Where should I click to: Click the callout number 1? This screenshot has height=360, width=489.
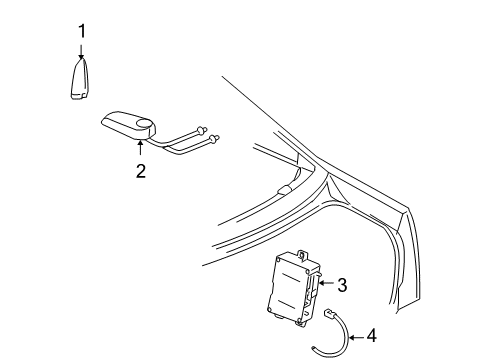(x=81, y=32)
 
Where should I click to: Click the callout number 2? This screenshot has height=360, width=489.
(x=141, y=171)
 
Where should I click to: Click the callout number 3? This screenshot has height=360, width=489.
(x=342, y=286)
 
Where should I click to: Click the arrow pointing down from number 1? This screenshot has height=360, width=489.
(x=82, y=52)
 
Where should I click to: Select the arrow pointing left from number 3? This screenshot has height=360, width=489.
(x=324, y=286)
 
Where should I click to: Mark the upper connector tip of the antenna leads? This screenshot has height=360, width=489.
(x=209, y=128)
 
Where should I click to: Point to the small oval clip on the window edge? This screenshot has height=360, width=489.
(x=285, y=189)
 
